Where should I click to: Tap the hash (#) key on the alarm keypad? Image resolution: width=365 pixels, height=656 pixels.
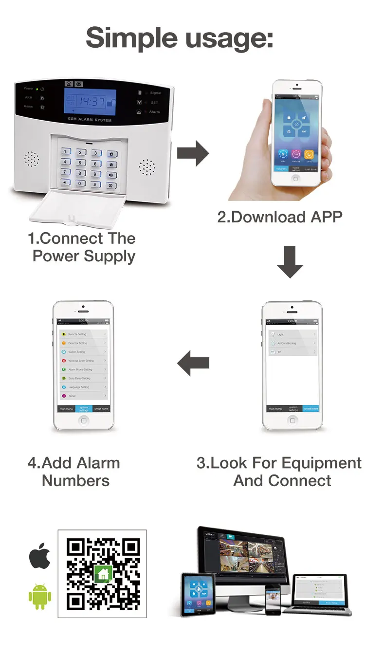click(96, 184)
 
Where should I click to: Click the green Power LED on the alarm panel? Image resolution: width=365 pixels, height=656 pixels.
click(36, 89)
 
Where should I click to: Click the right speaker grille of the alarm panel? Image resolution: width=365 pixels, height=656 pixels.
click(147, 167)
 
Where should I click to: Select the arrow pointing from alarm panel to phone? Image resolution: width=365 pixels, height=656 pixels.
click(192, 154)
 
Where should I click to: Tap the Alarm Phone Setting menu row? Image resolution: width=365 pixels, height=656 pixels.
click(82, 369)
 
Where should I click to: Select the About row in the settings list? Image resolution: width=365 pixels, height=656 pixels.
click(82, 396)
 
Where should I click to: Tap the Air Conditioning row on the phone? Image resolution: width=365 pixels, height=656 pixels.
click(292, 343)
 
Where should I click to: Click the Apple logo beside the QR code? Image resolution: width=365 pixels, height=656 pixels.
click(40, 556)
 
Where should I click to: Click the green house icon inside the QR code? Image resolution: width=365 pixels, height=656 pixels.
click(103, 574)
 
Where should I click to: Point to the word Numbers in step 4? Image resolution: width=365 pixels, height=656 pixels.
click(75, 481)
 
